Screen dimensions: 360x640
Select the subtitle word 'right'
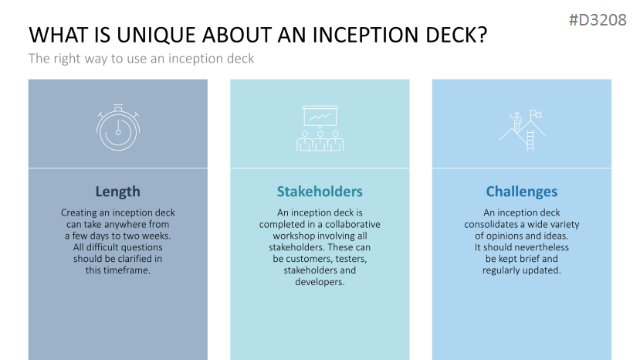click(66, 58)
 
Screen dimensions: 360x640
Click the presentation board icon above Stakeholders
click(320, 127)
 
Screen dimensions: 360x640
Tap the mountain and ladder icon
click(521, 128)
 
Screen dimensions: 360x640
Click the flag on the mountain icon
click(536, 114)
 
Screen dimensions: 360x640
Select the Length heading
click(117, 192)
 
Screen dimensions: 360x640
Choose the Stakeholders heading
click(320, 192)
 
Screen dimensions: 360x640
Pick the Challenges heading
click(521, 192)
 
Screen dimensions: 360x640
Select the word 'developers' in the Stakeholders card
click(319, 282)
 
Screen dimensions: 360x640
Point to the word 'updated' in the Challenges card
click(542, 270)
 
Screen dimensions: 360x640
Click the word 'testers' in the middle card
click(350, 259)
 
